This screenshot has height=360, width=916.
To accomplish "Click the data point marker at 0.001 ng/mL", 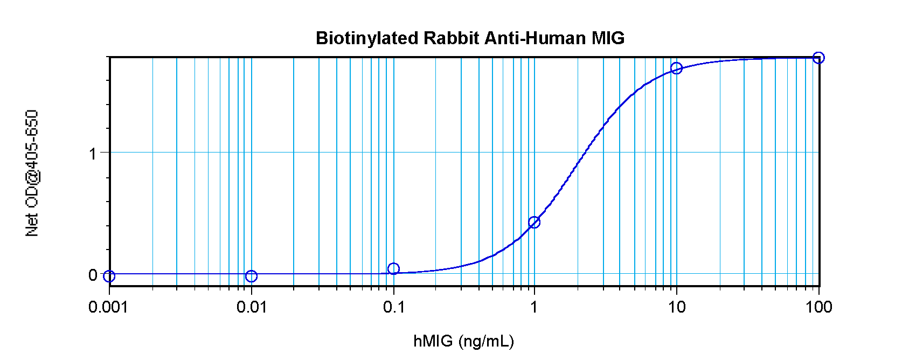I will pos(109,276).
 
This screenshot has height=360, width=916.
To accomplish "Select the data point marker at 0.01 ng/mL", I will pos(251,276).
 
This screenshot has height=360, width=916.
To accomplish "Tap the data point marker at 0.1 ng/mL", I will pos(393,268).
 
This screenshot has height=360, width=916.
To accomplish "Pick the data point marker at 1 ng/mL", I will pos(534,222).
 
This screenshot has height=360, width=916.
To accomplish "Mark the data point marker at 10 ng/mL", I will pos(676,68).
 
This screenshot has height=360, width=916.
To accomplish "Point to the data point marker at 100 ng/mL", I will pos(818,58).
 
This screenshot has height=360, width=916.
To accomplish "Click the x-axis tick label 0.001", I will pos(108,307).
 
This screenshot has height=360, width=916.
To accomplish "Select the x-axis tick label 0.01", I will pos(252,307).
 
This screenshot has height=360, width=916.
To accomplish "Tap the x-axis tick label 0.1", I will pos(394,307).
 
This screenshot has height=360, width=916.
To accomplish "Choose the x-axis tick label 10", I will pos(677,307).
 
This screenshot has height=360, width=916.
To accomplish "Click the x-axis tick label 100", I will pos(819,307).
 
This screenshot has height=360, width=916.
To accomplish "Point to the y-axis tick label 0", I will pos(93,275).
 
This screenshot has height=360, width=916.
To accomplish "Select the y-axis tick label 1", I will pos(93,154).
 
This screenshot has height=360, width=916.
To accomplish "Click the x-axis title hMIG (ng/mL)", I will pos(463,341).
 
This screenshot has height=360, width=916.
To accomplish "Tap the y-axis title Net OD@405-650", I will pos(32,173).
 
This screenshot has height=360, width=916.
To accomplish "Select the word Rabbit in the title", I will pos(451,38).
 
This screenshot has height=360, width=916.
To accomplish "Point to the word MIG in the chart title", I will pos(608,38).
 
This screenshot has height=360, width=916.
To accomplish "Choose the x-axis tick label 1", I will pos(534,307).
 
